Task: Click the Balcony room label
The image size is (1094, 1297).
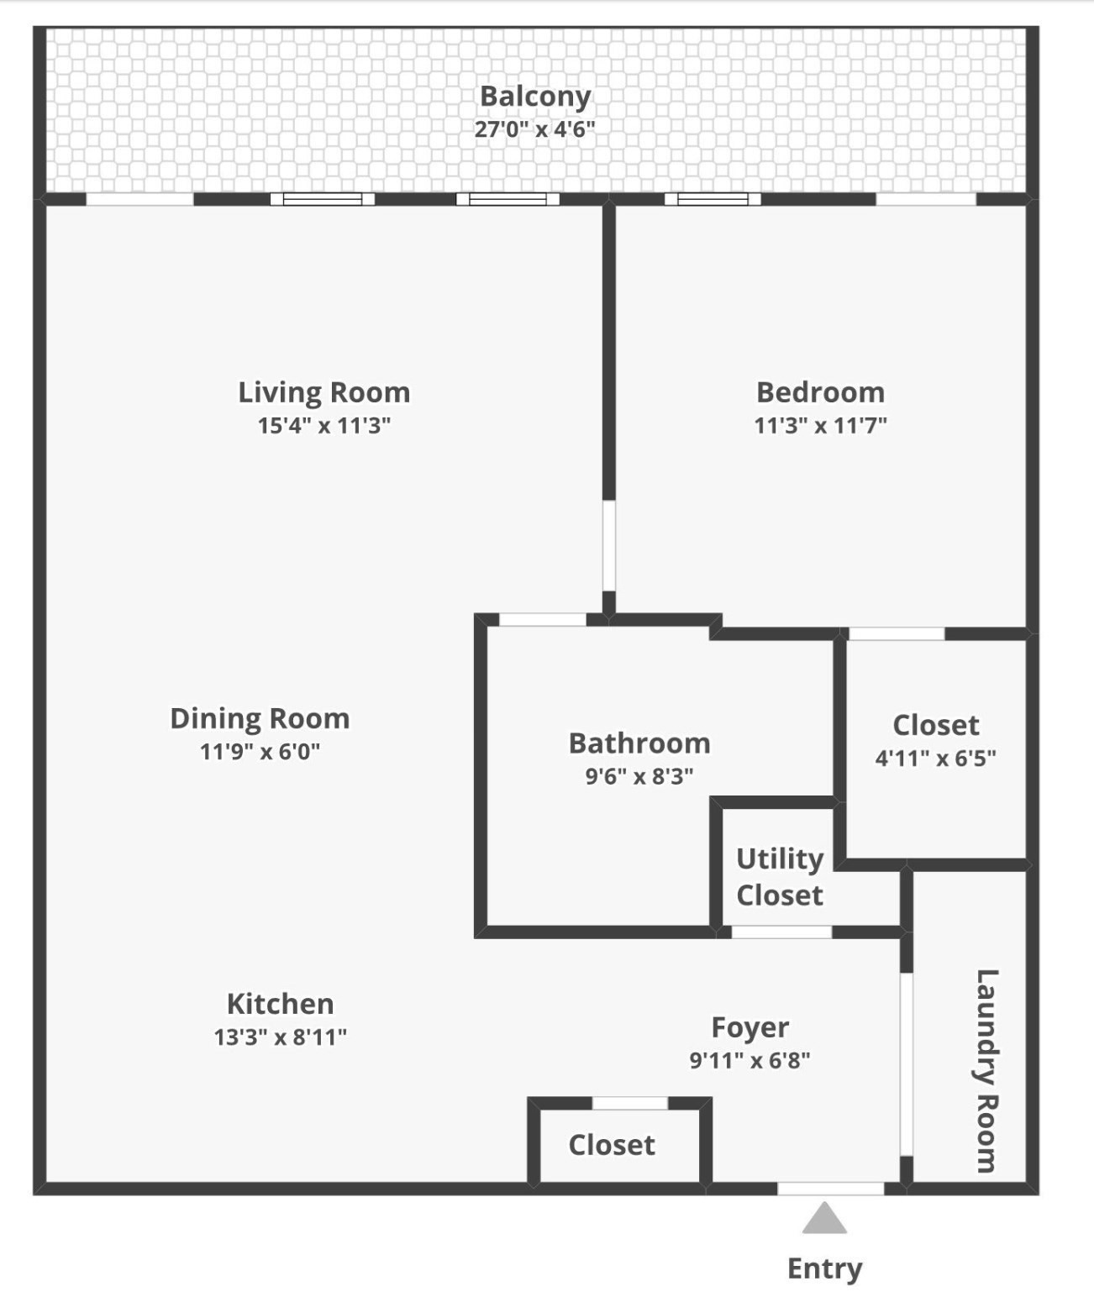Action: (535, 97)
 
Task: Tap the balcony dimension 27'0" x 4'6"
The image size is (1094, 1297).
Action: (535, 129)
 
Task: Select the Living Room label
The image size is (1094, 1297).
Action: (323, 392)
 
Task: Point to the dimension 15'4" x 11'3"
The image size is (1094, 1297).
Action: (323, 425)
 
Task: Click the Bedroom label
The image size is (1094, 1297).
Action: (820, 392)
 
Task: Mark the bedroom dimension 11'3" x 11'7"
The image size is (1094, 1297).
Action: (820, 425)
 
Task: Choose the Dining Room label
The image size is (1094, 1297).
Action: (260, 718)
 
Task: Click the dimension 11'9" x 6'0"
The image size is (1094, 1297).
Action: (260, 751)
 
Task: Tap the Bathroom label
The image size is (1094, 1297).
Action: (639, 743)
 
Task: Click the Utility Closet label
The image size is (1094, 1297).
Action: (780, 876)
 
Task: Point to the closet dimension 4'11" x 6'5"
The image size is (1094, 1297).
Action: (935, 758)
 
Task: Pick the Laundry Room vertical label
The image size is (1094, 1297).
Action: (986, 1070)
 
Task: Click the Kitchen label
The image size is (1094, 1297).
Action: (280, 1004)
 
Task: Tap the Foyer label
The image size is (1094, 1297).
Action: (749, 1027)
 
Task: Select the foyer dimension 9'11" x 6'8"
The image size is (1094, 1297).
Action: (749, 1060)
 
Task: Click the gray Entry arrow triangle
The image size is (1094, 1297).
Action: (824, 1220)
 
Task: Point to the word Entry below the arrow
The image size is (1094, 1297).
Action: (824, 1268)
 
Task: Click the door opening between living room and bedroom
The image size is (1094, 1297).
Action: (608, 547)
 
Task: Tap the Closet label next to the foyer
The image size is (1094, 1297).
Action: (612, 1145)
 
